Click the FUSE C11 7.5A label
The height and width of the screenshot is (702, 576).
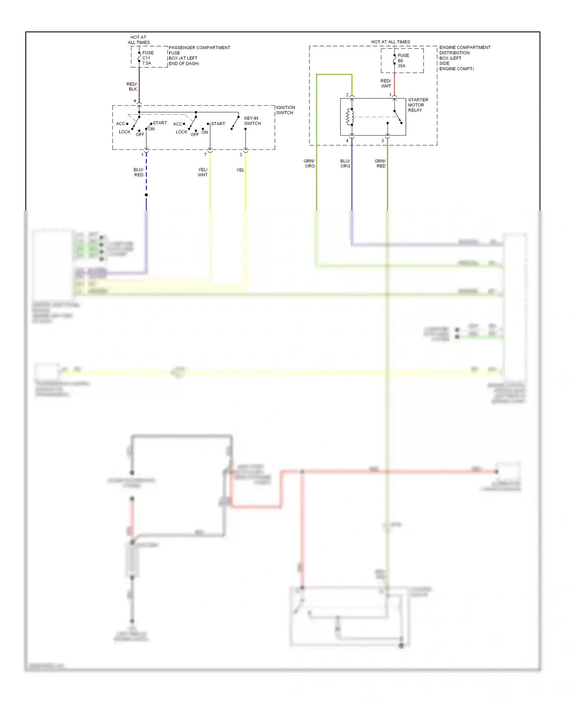(148, 58)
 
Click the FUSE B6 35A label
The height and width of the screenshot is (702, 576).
(403, 61)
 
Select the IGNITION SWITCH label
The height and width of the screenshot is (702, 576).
(285, 110)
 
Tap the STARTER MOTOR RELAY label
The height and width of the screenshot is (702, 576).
(418, 105)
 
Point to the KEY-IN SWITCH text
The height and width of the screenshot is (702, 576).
(252, 121)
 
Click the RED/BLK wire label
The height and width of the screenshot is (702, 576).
(132, 86)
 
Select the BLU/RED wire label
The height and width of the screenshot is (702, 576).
(139, 172)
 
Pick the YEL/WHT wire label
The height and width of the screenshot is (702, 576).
(203, 172)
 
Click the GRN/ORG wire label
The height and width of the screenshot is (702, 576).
(310, 164)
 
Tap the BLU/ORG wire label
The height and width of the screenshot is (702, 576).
(345, 164)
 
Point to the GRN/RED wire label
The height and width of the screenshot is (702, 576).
(381, 164)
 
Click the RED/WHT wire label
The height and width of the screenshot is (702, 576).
(386, 83)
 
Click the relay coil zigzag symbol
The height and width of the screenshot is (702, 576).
(350, 117)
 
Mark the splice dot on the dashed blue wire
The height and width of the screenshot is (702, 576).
(146, 195)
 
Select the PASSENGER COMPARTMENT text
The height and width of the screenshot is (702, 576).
(199, 48)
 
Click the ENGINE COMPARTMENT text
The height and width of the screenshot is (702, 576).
(465, 48)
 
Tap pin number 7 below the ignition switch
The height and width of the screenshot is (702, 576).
(205, 155)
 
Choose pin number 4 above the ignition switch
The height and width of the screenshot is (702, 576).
(135, 101)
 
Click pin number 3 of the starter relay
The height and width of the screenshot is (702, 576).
(382, 141)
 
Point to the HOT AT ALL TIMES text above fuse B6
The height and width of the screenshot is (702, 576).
(390, 42)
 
